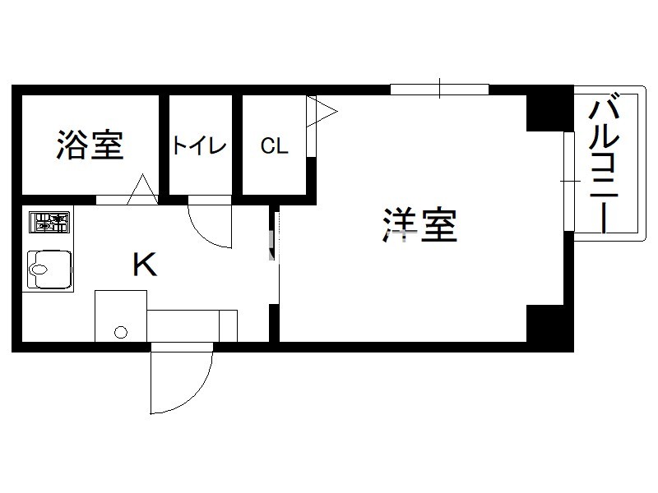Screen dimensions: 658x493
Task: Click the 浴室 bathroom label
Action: coord(90,145)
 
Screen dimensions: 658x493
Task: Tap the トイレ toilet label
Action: coord(200,145)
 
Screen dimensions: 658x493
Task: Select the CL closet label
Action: coord(275,146)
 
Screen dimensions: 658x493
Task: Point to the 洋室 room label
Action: coord(419,224)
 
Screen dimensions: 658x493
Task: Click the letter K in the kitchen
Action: coord(145,264)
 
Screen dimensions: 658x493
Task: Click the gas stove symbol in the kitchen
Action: coord(49,222)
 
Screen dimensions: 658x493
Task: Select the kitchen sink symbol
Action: coord(49,270)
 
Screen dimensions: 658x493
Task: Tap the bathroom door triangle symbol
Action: coord(142,190)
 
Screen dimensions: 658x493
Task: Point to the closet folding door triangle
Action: coord(322,112)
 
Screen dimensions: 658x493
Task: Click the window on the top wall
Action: coord(439,90)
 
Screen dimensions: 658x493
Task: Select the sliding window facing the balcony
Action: coord(568,181)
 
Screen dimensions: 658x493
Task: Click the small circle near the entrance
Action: coord(121,333)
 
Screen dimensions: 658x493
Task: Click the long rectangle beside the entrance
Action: coord(192,325)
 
